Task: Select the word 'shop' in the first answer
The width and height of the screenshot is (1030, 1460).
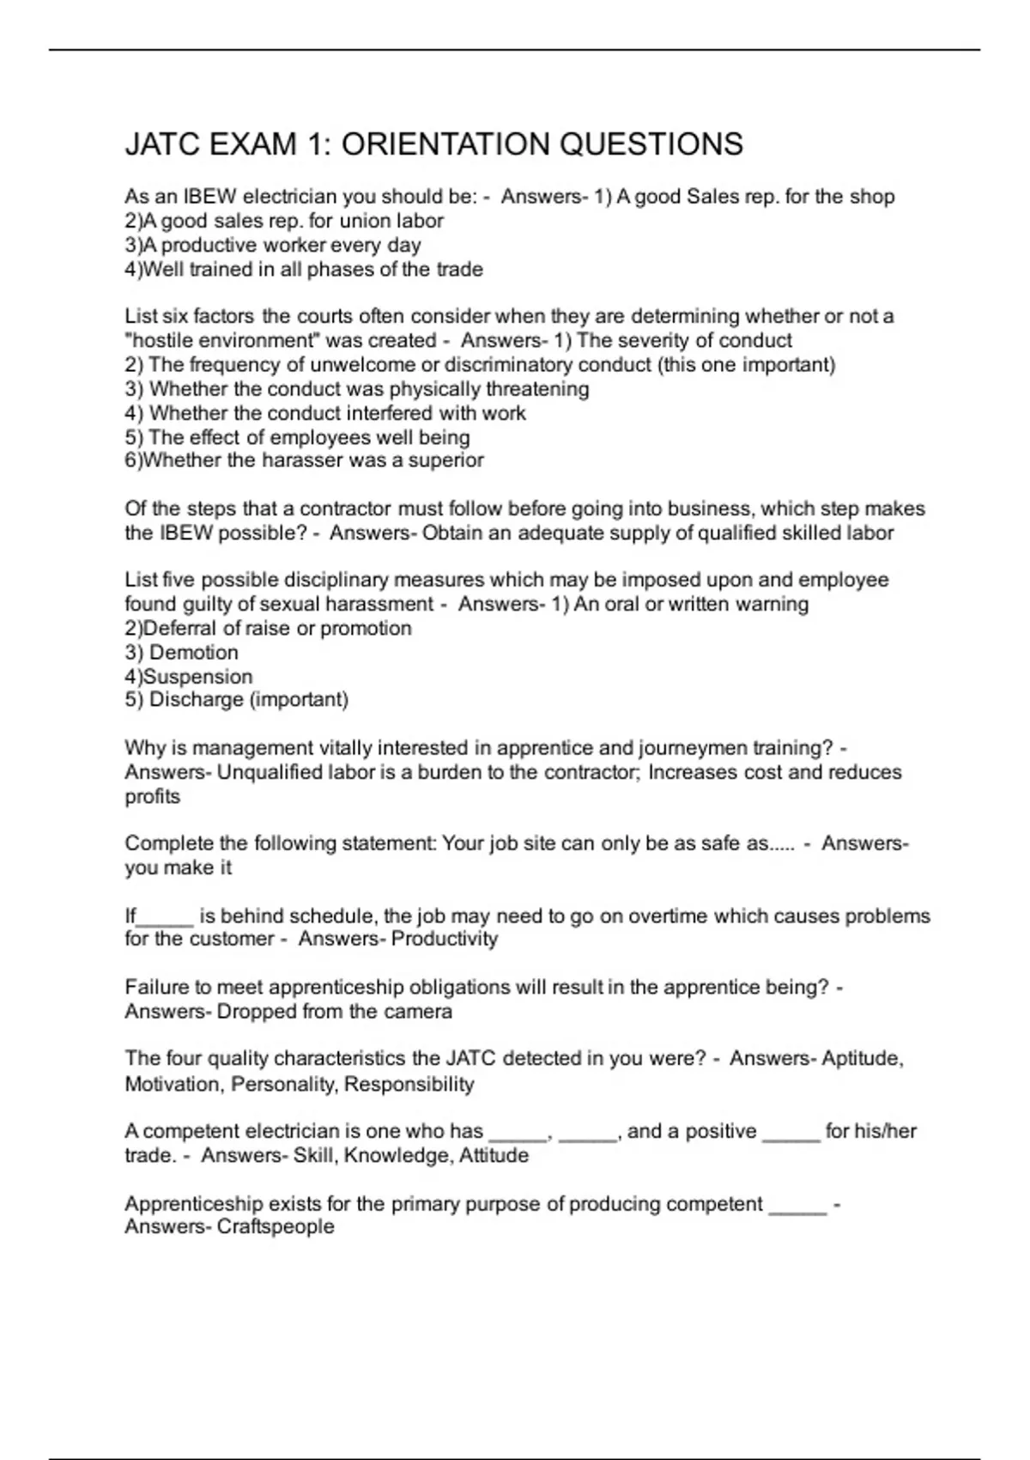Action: [x=872, y=197]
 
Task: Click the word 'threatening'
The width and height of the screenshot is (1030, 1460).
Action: [x=536, y=388]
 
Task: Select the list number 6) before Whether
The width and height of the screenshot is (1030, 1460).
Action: [x=133, y=460]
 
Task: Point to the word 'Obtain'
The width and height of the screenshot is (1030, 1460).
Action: [x=452, y=532]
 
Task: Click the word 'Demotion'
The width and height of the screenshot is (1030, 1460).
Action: [x=194, y=652]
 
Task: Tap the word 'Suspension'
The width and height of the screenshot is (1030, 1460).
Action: [x=198, y=677]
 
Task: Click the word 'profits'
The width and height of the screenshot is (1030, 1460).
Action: [x=153, y=796]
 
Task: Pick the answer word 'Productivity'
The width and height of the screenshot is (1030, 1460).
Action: [x=445, y=939]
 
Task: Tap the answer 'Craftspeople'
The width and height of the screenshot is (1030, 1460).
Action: [x=276, y=1226]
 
